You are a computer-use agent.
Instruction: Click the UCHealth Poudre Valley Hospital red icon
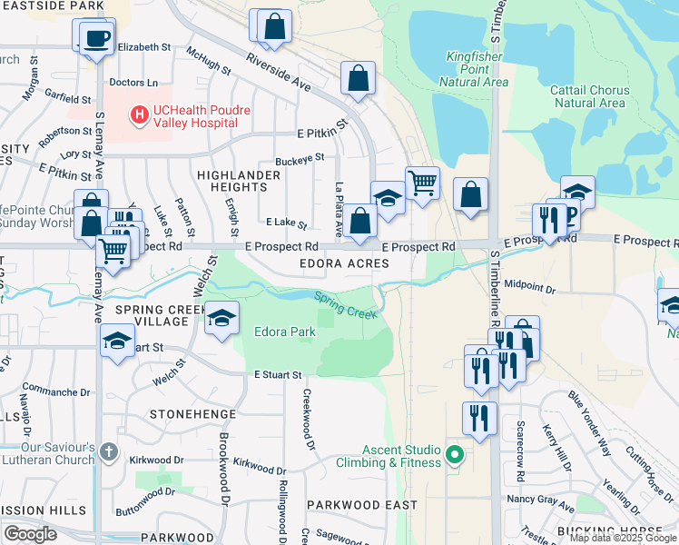click(x=140, y=115)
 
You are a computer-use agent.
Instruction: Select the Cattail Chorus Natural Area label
click(x=587, y=96)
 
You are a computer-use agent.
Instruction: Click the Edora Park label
click(x=284, y=332)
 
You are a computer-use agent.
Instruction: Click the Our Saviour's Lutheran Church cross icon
click(x=108, y=451)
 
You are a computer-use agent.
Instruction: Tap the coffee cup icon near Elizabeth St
click(x=97, y=38)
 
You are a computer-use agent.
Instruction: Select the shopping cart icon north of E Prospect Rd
click(x=422, y=183)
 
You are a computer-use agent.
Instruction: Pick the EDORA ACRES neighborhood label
click(x=345, y=264)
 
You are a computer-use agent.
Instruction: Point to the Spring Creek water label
click(x=345, y=304)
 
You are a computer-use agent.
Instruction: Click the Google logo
click(x=30, y=534)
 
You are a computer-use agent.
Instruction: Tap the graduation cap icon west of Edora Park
click(x=221, y=318)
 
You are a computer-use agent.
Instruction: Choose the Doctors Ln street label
click(x=133, y=83)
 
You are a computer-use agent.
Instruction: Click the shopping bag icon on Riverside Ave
click(x=359, y=78)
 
